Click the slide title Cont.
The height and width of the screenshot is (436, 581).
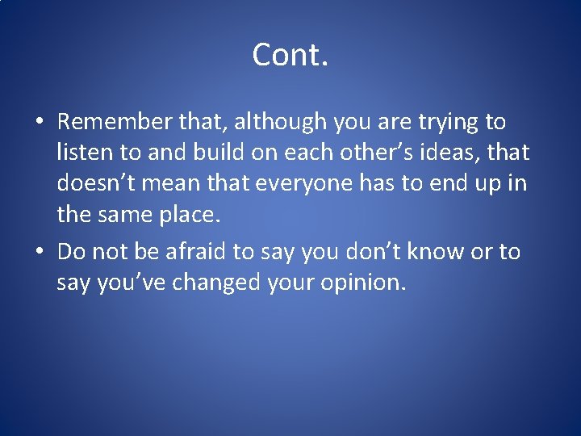click(x=290, y=55)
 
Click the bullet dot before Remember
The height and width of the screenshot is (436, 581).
click(x=40, y=123)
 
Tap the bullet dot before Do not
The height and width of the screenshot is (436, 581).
click(x=40, y=253)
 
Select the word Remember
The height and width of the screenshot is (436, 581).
click(x=115, y=122)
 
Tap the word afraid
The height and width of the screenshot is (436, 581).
click(x=197, y=252)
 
